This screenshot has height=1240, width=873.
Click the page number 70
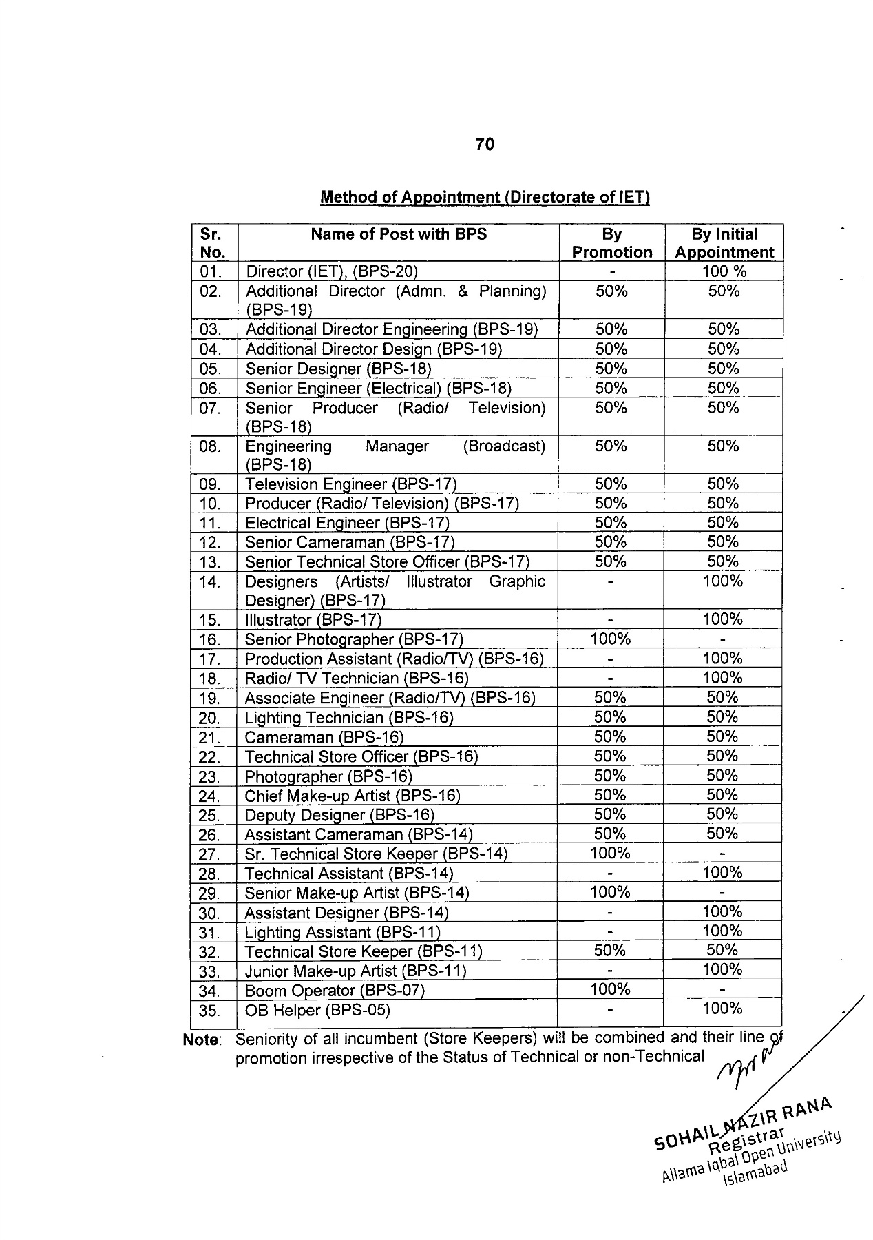coord(485,145)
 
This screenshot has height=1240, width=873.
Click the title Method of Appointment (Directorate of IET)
coord(485,198)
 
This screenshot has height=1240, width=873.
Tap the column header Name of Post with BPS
coord(399,234)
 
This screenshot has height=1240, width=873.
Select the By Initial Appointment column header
coord(724,243)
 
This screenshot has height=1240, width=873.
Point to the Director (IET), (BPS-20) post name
coord(332,272)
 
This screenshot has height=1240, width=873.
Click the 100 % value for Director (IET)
coord(724,272)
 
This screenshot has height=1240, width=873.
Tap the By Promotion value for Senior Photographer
coord(611,639)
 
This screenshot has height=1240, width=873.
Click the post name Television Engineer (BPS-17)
coord(350,485)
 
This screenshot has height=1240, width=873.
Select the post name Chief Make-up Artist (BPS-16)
coord(353,796)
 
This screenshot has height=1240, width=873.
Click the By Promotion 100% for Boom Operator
coord(610,990)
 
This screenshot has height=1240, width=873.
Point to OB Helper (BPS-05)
coord(317,1011)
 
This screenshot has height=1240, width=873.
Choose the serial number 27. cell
coord(209,855)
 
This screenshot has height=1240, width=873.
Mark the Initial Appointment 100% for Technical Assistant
coord(722,873)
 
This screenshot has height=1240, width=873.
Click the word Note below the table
coord(202,1040)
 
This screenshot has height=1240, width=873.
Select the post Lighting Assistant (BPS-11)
coord(342,933)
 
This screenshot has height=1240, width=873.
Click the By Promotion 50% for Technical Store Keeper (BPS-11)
coord(610,951)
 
